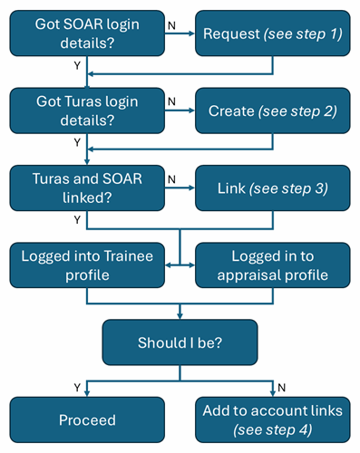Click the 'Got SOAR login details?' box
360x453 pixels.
tap(88, 34)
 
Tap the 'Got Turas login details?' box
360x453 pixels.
tap(88, 109)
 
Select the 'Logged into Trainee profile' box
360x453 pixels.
tap(88, 265)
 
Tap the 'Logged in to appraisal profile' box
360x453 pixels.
tap(272, 265)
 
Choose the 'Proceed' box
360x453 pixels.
tap(88, 420)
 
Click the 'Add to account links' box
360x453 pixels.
tap(272, 420)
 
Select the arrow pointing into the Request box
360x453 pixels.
tap(186, 34)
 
